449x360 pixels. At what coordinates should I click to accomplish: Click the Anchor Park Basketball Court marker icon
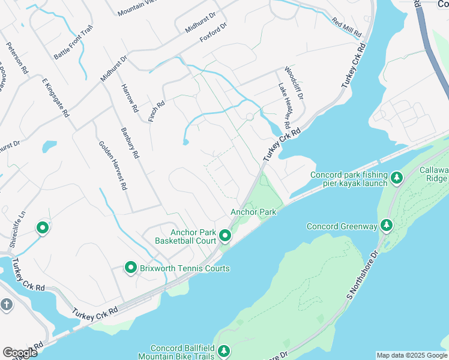point(224,236)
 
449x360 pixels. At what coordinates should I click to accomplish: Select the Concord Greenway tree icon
point(387,226)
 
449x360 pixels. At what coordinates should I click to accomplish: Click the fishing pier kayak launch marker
point(396,178)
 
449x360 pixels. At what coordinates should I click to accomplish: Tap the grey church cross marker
point(7,305)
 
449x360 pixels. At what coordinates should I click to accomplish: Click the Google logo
point(20,352)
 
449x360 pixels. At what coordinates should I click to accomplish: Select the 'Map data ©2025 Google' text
point(412,355)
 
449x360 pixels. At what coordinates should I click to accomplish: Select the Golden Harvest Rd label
point(113,165)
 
